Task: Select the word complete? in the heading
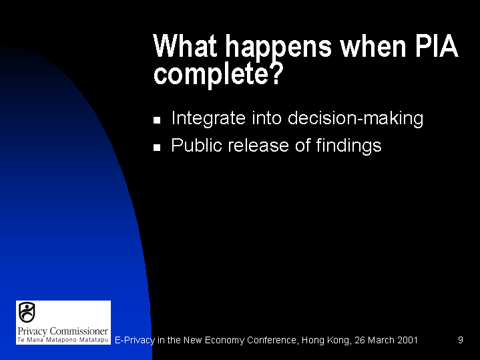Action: coord(218,74)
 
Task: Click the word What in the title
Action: coord(185,46)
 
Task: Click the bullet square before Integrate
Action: coord(157,120)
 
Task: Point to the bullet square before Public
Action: coord(157,148)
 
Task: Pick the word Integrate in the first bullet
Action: coord(208,118)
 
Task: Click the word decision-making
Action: coord(355,118)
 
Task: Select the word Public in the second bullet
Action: coord(196,145)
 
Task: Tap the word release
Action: coord(258,145)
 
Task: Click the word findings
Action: coord(348,146)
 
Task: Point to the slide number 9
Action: coord(461,340)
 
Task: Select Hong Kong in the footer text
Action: coord(326,341)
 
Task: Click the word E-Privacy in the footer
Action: coord(135,341)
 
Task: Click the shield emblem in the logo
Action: coord(27,312)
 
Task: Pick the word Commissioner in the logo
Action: coord(79,331)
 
